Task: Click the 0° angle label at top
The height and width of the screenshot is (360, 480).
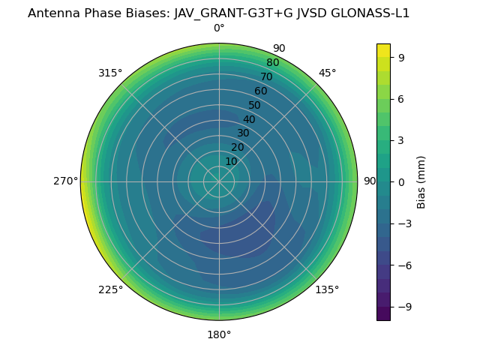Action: tap(219, 28)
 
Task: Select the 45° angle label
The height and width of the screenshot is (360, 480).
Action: tap(328, 73)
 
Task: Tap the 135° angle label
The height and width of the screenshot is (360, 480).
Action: tap(327, 289)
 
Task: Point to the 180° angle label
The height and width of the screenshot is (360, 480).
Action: tap(219, 334)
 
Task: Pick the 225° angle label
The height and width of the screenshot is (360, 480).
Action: tap(110, 289)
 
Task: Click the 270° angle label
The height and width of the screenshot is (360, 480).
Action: tap(65, 181)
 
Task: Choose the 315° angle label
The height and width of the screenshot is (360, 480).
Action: tap(110, 73)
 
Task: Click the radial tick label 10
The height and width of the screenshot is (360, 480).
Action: tap(231, 161)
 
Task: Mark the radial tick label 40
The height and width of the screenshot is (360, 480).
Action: tap(249, 119)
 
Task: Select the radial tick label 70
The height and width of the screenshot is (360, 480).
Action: tap(266, 76)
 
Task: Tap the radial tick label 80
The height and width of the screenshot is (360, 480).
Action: tap(272, 63)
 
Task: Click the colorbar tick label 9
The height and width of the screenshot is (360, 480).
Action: tap(402, 57)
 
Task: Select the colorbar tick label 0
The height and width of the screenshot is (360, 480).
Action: tap(402, 182)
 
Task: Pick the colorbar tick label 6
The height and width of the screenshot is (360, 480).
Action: tap(402, 99)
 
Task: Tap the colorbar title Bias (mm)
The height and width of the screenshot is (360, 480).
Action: tap(421, 182)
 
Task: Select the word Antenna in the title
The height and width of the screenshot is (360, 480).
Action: tap(52, 13)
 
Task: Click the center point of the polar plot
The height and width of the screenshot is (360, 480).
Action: tap(219, 181)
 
